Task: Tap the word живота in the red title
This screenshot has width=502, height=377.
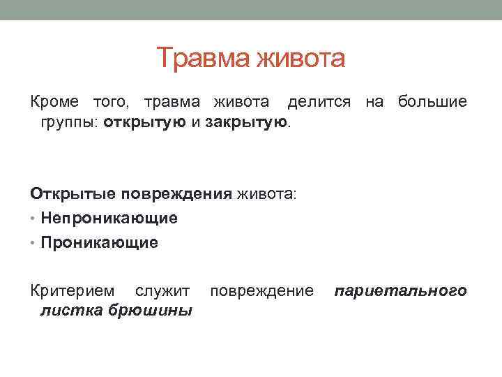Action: [x=301, y=59]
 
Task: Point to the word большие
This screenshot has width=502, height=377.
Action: [x=432, y=103]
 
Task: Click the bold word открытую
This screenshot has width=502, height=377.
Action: [x=144, y=123]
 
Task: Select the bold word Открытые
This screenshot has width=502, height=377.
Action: [x=72, y=193]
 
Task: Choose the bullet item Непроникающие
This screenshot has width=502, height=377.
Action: [x=109, y=219]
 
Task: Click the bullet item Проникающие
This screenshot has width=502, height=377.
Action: [x=100, y=243]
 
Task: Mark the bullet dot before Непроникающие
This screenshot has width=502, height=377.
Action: [x=33, y=219]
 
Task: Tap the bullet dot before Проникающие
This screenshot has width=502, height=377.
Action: [x=33, y=243]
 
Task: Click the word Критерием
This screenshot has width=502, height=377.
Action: [x=72, y=290]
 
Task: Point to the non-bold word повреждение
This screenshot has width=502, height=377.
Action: [x=261, y=290]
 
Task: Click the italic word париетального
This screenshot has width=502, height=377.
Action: [x=400, y=290]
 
